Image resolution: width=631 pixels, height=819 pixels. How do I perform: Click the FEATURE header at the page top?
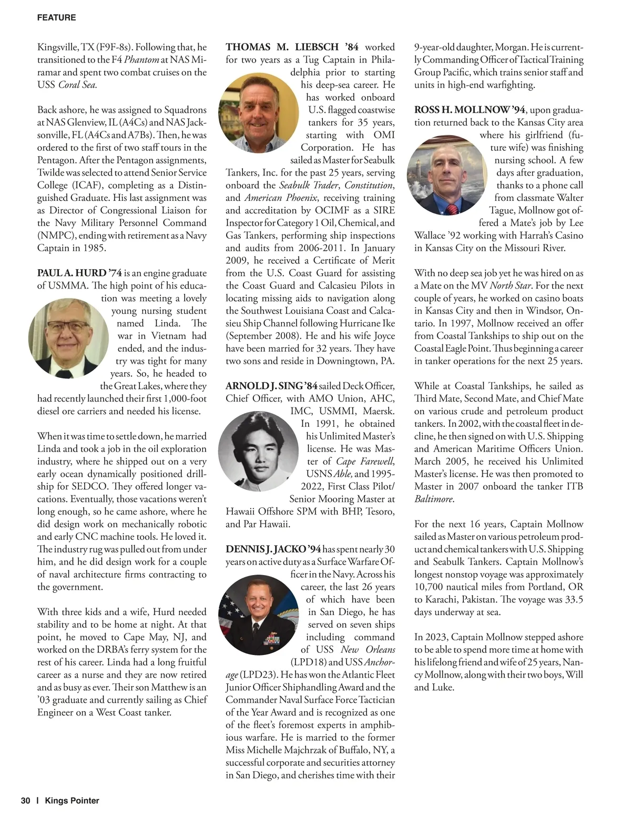(56, 18)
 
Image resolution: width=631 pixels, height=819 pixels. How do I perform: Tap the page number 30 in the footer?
(26, 801)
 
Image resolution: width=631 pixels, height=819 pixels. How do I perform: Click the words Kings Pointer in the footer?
(72, 801)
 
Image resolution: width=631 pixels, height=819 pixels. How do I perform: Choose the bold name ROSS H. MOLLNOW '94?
(470, 110)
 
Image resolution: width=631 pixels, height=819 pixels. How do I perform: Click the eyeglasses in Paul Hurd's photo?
(61, 329)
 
